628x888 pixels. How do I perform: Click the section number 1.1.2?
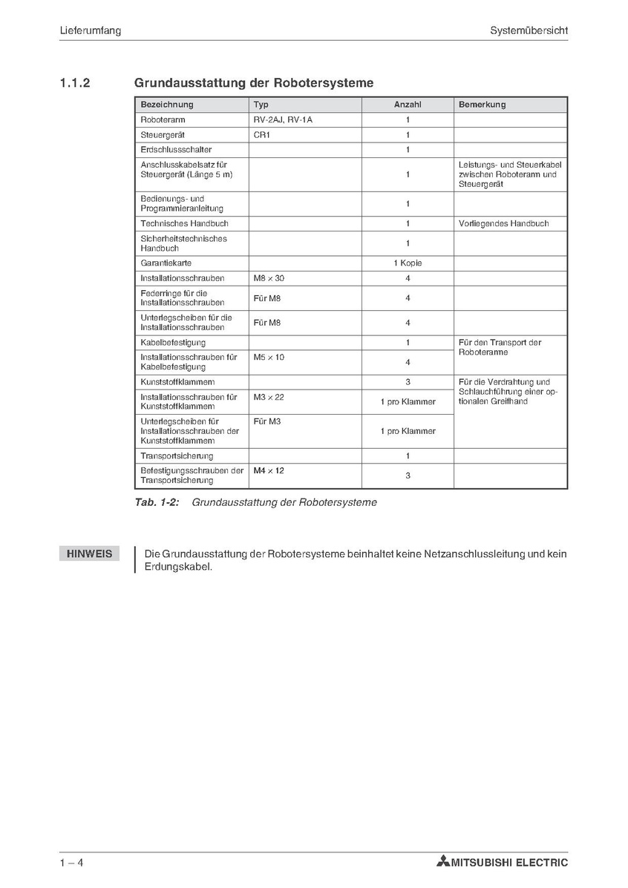[75, 83]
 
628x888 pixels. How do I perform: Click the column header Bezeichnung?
[166, 105]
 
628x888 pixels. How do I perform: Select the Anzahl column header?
[408, 105]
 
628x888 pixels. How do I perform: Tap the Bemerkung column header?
[482, 105]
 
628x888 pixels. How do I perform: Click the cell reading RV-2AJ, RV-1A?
[278, 119]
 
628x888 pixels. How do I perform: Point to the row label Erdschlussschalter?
[176, 150]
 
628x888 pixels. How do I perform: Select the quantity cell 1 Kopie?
[408, 263]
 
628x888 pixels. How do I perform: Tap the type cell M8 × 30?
[269, 278]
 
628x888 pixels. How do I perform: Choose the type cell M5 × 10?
[269, 357]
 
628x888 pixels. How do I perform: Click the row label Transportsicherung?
[177, 455]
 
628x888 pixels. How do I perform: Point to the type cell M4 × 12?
[269, 470]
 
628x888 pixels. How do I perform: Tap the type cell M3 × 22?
[269, 397]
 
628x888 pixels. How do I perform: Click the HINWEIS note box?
[89, 554]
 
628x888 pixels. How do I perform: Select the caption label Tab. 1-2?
[157, 502]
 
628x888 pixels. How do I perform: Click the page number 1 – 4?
[72, 862]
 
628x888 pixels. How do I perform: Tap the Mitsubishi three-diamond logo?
[443, 862]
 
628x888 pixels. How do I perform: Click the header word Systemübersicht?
[529, 30]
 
